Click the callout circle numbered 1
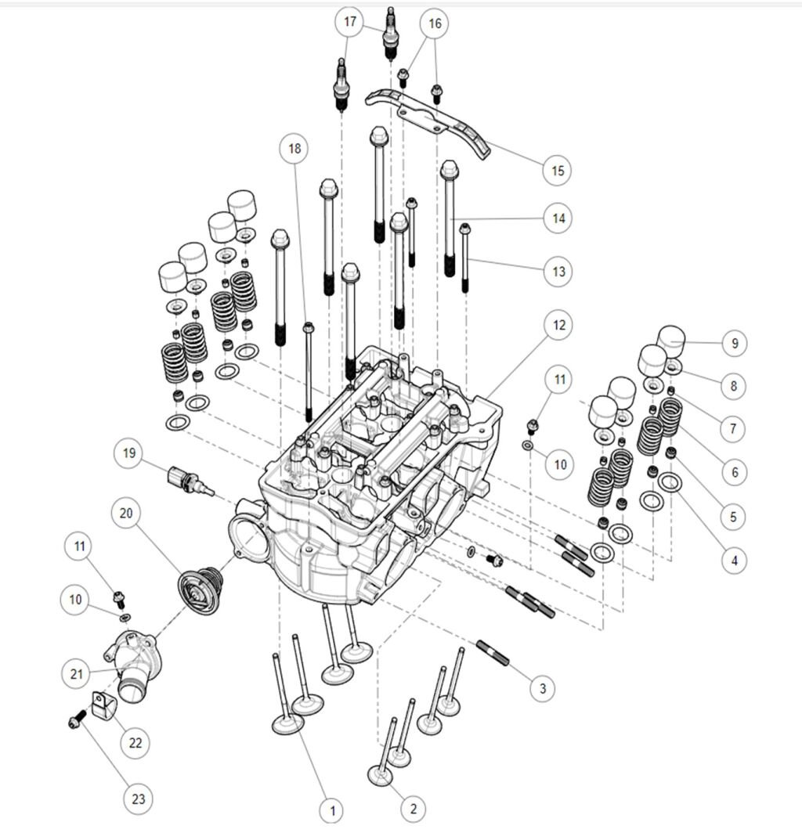coord(332,809)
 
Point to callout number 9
coord(734,343)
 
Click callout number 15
coord(557,170)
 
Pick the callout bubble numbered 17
coord(350,22)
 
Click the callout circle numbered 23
coord(138,799)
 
